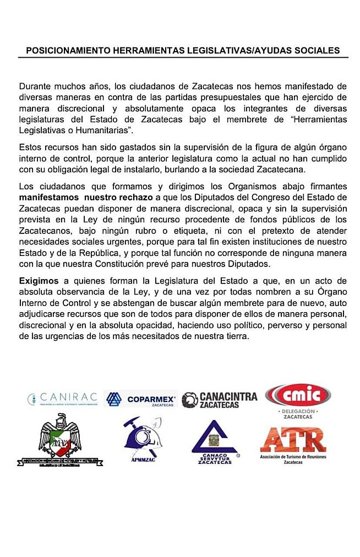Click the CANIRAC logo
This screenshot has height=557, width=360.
tap(63, 397)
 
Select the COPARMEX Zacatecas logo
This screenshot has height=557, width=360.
tap(140, 398)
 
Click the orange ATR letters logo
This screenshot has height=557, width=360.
tap(293, 439)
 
